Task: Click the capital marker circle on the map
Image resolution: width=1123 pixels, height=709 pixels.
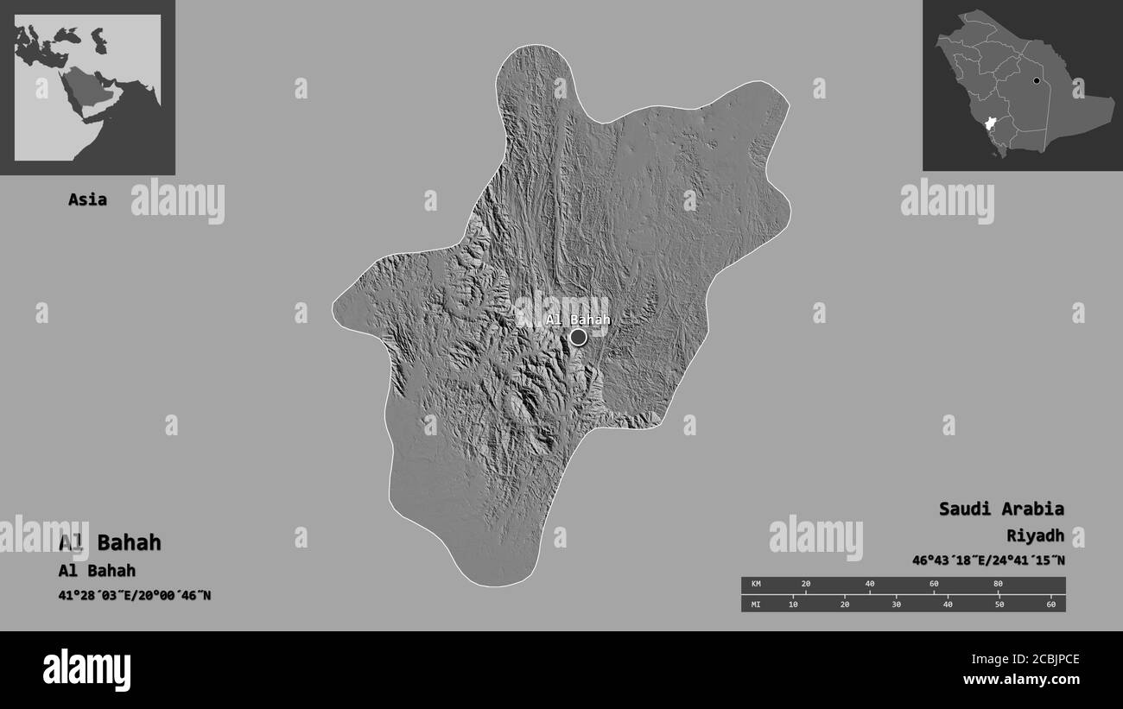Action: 578,337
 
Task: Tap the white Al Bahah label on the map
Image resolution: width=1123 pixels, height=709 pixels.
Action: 577,320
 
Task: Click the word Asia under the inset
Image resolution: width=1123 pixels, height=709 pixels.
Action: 87,199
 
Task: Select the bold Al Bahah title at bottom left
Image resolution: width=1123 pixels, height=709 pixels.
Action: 110,543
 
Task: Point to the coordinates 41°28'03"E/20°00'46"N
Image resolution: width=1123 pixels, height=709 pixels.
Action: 135,595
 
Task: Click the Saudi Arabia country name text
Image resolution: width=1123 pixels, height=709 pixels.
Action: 1001,509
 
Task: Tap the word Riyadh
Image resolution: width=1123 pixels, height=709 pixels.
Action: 1035,536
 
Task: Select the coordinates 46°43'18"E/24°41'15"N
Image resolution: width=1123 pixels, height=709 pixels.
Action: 987,560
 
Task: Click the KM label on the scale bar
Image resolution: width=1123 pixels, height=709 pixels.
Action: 757,585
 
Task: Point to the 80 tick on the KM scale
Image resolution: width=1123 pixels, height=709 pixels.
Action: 998,585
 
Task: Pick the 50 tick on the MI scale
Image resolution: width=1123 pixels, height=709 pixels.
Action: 999,604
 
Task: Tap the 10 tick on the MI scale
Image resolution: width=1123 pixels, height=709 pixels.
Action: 793,604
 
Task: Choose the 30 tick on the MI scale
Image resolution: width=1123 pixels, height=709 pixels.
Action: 896,604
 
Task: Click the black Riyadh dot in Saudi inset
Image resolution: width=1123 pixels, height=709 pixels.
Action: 1035,81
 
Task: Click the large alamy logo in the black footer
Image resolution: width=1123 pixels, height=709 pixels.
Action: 86,669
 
